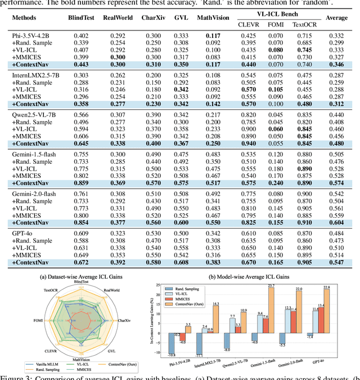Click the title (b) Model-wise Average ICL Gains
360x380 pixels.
(x=256, y=276)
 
